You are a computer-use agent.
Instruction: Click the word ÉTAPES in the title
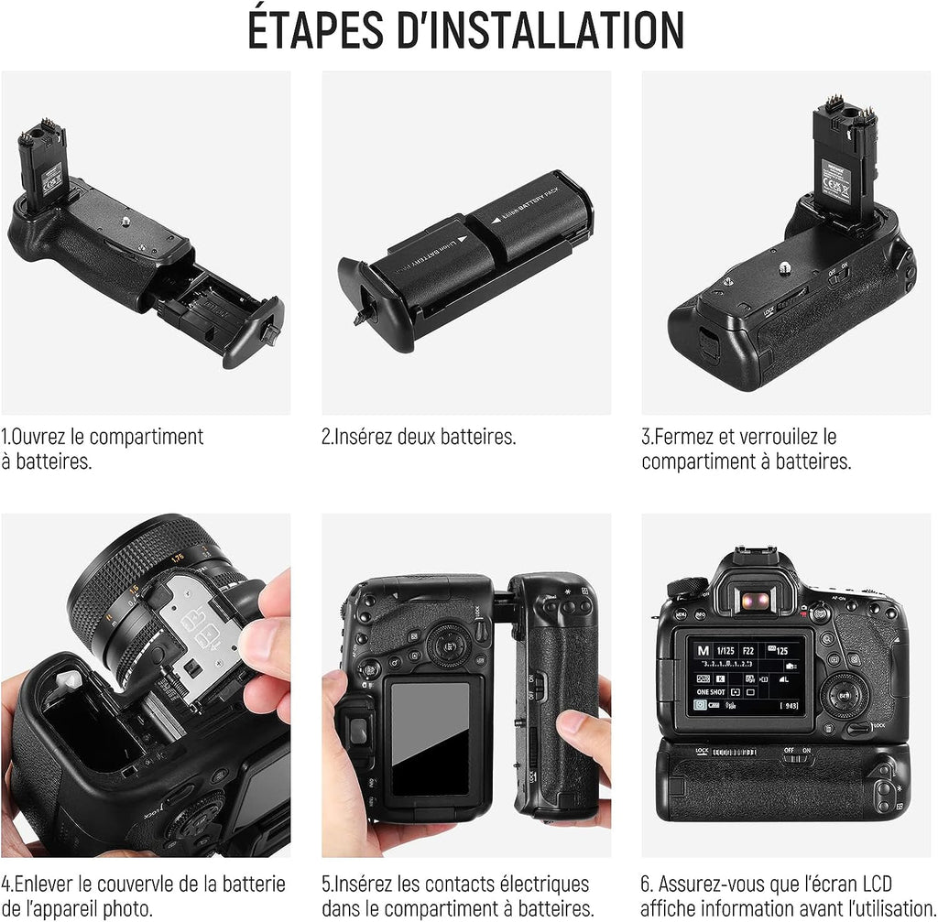(x=315, y=30)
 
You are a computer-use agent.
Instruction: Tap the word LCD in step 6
(x=878, y=884)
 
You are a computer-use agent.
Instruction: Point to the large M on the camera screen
(x=703, y=651)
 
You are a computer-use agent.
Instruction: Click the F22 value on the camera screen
(x=747, y=651)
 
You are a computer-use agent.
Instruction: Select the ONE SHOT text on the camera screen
(x=711, y=692)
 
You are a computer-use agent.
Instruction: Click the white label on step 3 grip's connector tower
(x=835, y=180)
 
